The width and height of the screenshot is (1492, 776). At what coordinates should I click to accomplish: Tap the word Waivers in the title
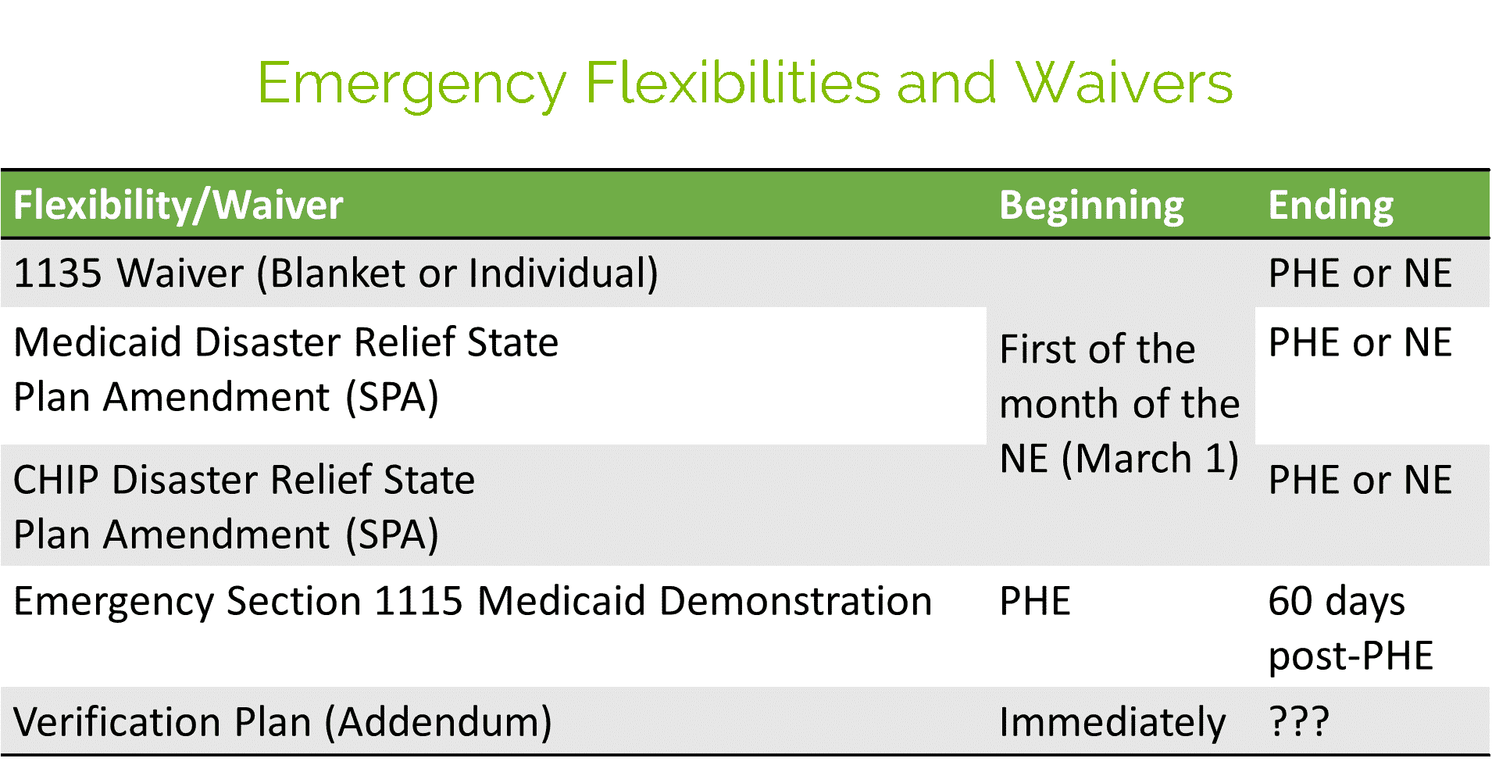[1123, 82]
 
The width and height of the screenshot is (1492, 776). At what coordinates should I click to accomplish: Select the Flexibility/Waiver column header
[178, 206]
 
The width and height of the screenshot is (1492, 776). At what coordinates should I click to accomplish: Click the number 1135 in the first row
[58, 274]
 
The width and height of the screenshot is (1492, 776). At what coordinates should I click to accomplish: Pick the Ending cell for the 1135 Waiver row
[1360, 274]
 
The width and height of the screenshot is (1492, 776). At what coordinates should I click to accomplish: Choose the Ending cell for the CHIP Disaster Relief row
[1360, 480]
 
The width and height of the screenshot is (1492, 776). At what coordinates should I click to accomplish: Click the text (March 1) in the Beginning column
[1150, 459]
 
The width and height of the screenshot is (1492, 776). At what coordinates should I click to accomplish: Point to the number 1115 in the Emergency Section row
[419, 602]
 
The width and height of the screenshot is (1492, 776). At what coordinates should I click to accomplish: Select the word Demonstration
[796, 602]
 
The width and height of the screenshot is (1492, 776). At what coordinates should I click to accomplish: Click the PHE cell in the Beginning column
[1035, 602]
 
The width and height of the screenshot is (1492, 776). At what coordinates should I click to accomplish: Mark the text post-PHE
[1351, 656]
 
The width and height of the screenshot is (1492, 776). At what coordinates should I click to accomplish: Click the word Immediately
[1112, 723]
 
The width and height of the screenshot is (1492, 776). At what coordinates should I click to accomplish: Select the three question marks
[1298, 722]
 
